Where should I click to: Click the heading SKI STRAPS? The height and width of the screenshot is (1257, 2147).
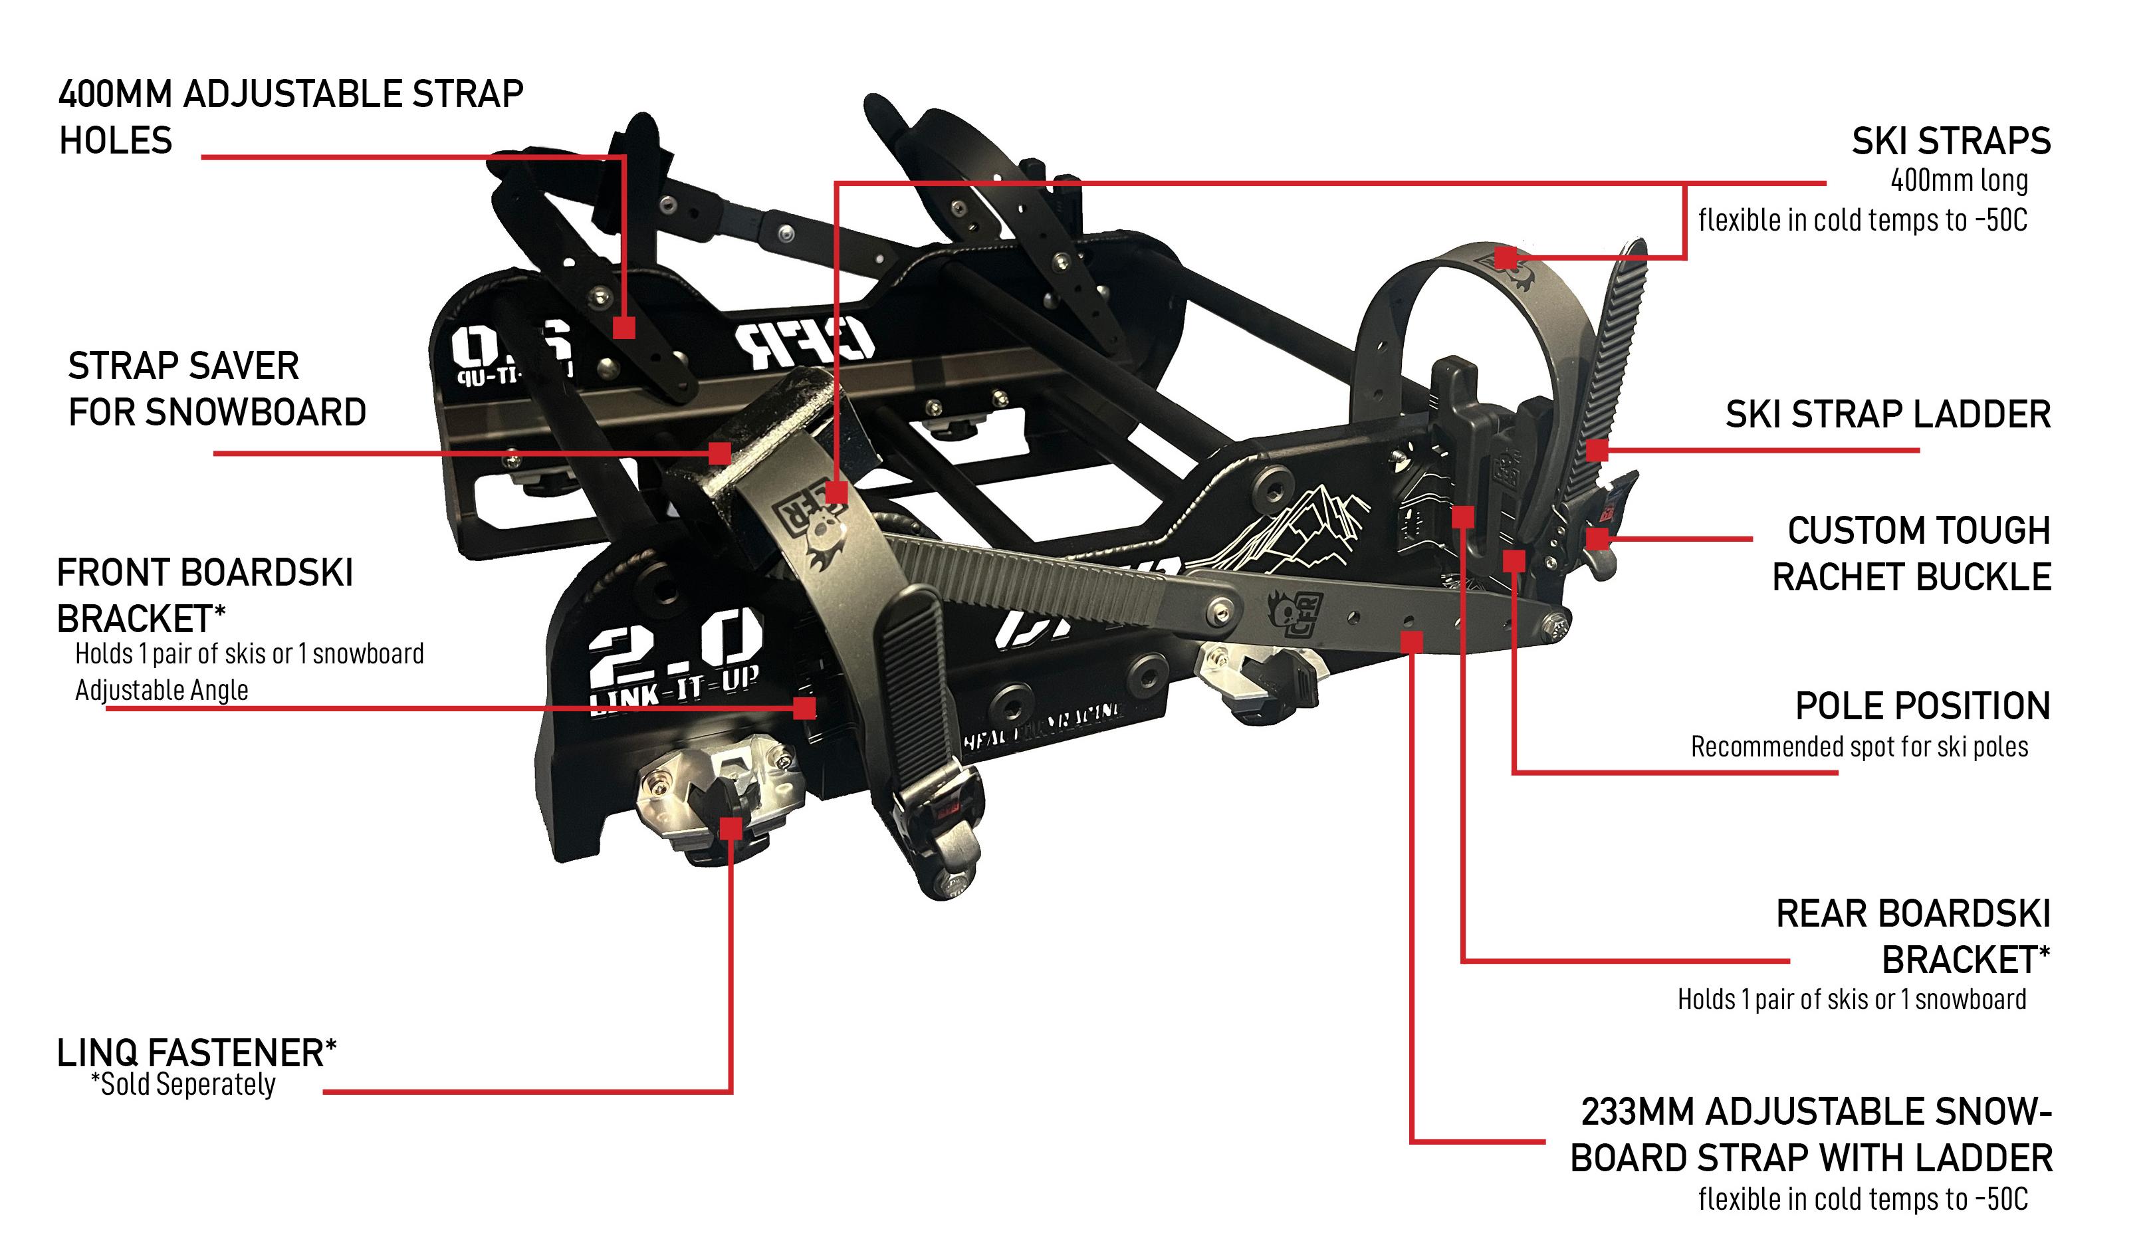click(x=1950, y=142)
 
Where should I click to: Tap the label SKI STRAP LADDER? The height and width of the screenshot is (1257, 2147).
click(x=1887, y=415)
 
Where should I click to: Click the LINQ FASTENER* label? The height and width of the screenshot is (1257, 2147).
click(x=197, y=1054)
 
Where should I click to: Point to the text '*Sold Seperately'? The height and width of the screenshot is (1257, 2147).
click(x=183, y=1085)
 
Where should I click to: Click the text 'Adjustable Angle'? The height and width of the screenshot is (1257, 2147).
click(x=162, y=690)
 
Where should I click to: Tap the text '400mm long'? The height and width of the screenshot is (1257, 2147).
click(x=1959, y=181)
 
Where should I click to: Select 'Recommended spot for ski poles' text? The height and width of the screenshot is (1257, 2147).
click(x=1859, y=747)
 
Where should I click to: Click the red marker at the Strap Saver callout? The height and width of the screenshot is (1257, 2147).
click(x=720, y=453)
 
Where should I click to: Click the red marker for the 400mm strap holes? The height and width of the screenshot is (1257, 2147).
click(x=625, y=327)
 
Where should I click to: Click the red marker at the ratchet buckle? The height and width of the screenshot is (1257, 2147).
click(x=1597, y=538)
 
